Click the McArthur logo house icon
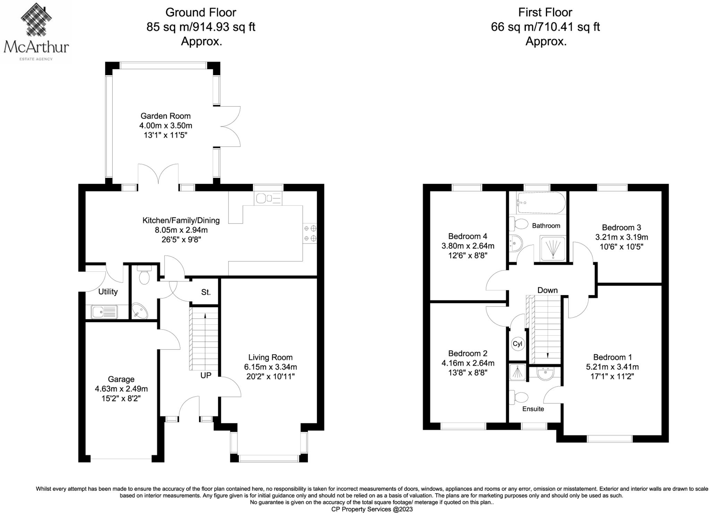[x=36, y=20]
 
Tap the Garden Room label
[x=165, y=116]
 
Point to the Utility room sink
[x=104, y=312]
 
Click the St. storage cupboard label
[x=206, y=292]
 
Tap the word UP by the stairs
[x=206, y=375]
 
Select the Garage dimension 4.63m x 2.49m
[x=121, y=389]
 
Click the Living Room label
[x=270, y=357]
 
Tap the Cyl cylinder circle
[x=517, y=344]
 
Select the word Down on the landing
[x=547, y=290]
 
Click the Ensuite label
[x=533, y=409]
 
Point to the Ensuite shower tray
[x=517, y=372]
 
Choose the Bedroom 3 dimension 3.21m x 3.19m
[x=621, y=237]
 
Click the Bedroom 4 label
[x=467, y=236]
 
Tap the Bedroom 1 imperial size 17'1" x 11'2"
[x=612, y=377]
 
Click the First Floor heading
[x=545, y=12]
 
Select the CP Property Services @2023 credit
[x=372, y=509]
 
